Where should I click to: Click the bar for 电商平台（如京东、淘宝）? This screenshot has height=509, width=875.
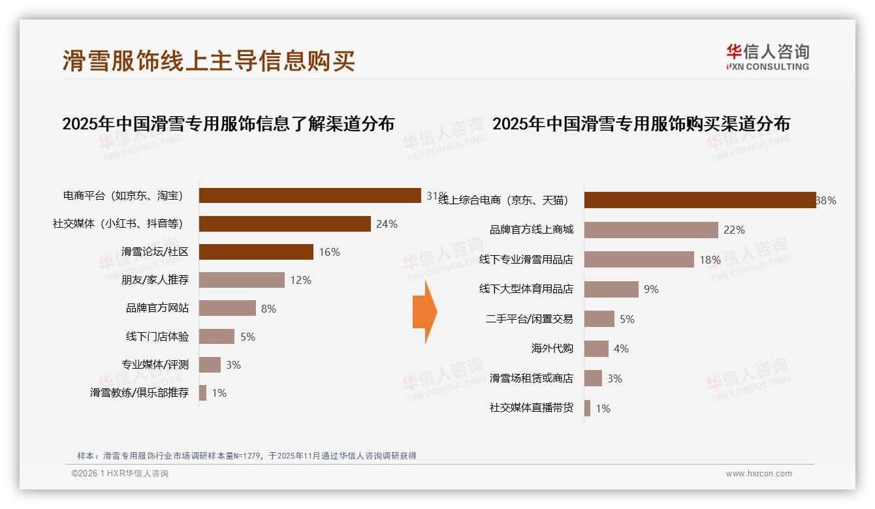[x=310, y=196]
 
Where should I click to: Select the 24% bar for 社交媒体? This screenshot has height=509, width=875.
[x=285, y=224]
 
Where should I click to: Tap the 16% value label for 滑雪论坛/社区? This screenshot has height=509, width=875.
[x=329, y=252]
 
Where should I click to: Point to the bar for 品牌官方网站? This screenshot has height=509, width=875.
[x=227, y=308]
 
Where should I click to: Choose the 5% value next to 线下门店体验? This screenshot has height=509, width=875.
[x=247, y=337]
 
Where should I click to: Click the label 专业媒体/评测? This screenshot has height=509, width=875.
[x=155, y=365]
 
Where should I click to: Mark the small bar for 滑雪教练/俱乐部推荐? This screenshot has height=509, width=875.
[x=202, y=393]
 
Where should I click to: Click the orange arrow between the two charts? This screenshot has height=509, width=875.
[x=425, y=312]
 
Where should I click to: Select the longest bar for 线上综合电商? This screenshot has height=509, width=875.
[x=699, y=200]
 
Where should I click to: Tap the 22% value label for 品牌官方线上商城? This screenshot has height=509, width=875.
[x=734, y=230]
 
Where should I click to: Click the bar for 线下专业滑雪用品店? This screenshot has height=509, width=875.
[x=639, y=260]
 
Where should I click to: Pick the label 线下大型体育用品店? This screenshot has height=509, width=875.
[x=526, y=289]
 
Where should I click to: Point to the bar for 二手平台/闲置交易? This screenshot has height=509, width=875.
[x=599, y=319]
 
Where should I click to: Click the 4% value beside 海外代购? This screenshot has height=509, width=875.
[x=621, y=349]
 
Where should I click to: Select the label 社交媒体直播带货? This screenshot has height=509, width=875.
[x=531, y=409]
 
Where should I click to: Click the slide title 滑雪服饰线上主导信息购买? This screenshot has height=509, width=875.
[x=209, y=61]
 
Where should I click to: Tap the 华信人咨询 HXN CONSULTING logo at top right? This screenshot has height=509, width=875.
[x=767, y=57]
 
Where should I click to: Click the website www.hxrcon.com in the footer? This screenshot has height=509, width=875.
[x=759, y=474]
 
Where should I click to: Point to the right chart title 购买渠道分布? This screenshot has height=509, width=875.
[x=641, y=124]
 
